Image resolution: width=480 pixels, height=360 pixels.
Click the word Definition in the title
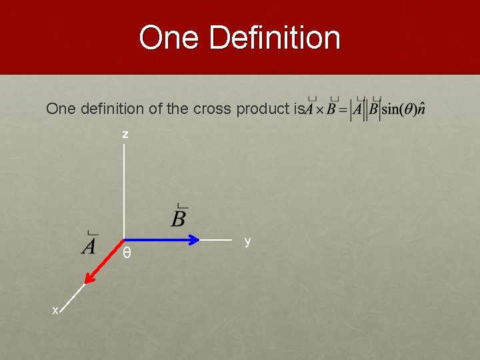[x=275, y=37]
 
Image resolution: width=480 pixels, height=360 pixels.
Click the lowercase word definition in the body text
[x=102, y=109]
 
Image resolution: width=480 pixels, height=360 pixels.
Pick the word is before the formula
[x=298, y=109]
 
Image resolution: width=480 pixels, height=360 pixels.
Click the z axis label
[x=125, y=135]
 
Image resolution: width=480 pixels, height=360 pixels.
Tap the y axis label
[x=247, y=241]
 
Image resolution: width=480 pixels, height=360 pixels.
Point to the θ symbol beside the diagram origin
[x=127, y=253]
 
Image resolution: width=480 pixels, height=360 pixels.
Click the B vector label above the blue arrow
[x=179, y=217]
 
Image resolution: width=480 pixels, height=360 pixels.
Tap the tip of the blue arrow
[x=198, y=239]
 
